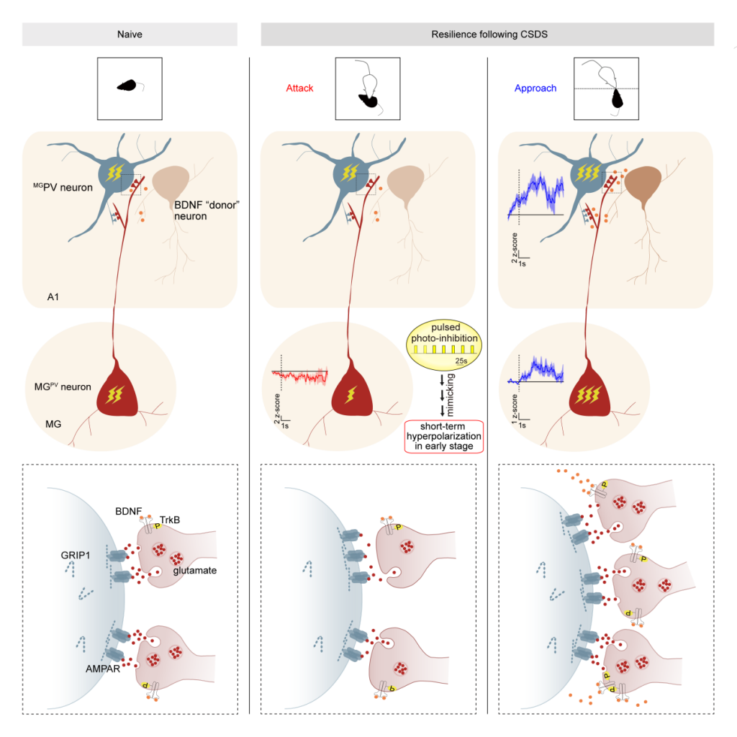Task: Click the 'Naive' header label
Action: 130,34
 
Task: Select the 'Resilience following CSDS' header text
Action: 487,34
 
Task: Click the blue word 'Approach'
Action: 535,89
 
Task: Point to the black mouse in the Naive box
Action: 127,85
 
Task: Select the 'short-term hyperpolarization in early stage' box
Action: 443,435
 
